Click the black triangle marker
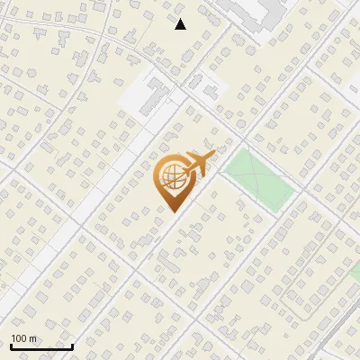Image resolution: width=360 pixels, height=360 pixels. click(180, 24)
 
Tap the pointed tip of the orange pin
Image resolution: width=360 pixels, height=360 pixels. click(171, 211)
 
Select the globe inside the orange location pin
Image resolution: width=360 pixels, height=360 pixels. click(171, 177)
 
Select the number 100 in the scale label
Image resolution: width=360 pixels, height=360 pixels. click(19, 338)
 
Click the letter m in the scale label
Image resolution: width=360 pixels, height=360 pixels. click(33, 338)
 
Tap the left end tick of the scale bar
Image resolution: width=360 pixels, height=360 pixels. click(11, 346)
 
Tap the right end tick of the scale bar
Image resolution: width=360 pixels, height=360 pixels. click(73, 346)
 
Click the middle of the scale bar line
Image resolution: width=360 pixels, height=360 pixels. click(41, 347)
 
